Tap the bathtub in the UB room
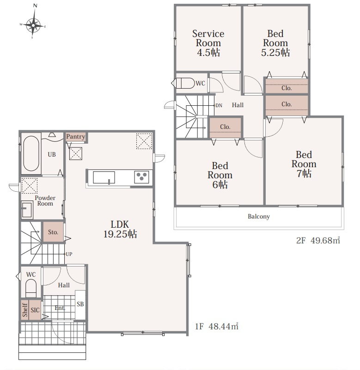coord(31,153)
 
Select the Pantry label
coord(75,137)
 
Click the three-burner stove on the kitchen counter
coord(141,177)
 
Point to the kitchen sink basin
coord(104,177)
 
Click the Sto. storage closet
coord(53,232)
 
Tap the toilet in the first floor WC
coord(31,288)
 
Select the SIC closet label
coord(35,310)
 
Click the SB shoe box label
coord(80,304)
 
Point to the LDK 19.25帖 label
coord(120,229)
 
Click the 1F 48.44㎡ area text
coord(216,326)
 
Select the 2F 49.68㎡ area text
coord(318,240)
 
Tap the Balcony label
coord(259,216)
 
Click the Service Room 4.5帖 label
coord(208,43)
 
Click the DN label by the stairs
coord(219,105)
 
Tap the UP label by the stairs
coord(69,254)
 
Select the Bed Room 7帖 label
coord(304,164)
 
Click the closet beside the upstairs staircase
coord(225,127)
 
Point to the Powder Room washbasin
coord(27,210)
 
